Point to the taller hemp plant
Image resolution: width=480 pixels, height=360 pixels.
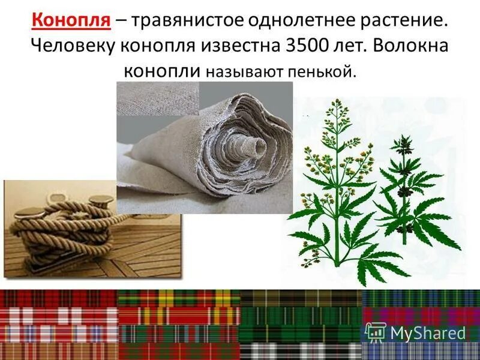pos(336,180)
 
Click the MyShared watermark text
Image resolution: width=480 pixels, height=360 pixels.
pos(428,332)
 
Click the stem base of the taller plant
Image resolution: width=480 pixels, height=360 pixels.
pos(337,261)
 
